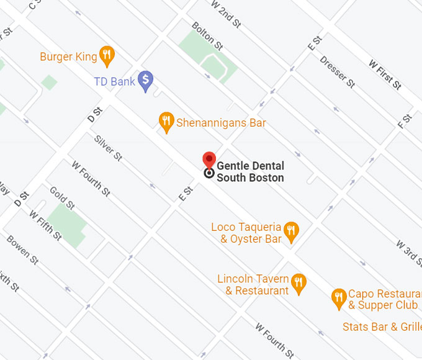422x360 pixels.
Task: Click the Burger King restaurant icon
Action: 107,56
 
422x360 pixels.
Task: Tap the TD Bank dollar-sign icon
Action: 145,80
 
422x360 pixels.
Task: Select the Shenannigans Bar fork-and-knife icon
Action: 166,122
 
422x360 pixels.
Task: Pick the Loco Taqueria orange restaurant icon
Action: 291,233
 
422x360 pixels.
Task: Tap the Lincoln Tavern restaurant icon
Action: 299,284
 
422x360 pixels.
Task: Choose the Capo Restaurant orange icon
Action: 338,299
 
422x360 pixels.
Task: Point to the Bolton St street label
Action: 207,36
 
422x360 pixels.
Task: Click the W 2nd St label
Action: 226,14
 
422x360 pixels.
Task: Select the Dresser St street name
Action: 338,71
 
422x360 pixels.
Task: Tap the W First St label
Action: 385,74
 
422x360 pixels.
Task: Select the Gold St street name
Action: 62,198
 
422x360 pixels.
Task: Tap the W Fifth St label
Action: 45,225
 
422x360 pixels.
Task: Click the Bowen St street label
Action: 22,249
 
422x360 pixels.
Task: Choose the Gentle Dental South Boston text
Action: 250,172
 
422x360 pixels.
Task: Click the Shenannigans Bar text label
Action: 221,123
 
